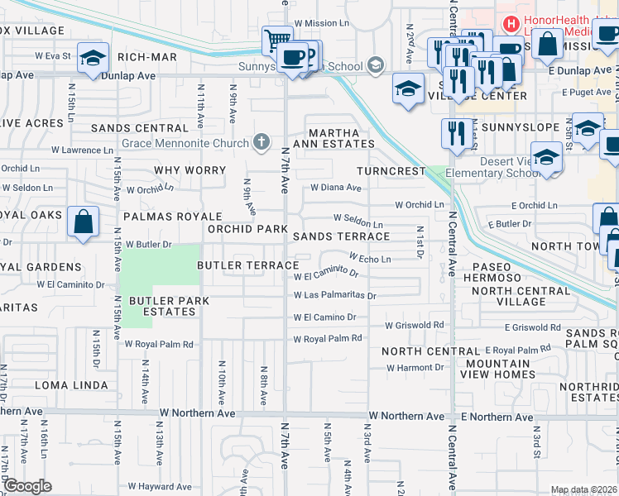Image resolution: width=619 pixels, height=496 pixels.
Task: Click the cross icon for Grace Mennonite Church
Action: pyautogui.click(x=262, y=143)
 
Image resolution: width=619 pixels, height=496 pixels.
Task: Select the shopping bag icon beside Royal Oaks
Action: pyautogui.click(x=84, y=222)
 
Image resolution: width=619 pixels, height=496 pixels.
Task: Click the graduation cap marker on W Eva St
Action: pyautogui.click(x=94, y=58)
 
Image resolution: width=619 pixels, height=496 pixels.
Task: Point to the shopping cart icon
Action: pyautogui.click(x=276, y=40)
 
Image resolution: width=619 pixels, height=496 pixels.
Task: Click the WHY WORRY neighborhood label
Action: pyautogui.click(x=190, y=170)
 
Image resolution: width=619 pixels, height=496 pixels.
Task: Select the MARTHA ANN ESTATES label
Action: pyautogui.click(x=334, y=138)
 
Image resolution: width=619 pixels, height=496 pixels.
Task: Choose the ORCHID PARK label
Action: pyautogui.click(x=247, y=229)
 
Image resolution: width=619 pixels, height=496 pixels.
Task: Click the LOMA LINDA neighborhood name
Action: pyautogui.click(x=71, y=385)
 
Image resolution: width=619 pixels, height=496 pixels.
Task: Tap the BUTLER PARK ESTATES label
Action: pyautogui.click(x=162, y=306)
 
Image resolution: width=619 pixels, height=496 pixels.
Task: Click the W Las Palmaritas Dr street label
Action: pyautogui.click(x=334, y=295)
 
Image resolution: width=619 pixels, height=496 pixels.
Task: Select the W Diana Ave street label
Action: pyautogui.click(x=336, y=188)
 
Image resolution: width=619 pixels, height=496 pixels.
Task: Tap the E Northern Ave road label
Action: pyautogui.click(x=495, y=417)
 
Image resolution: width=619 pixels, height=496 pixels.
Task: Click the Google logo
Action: pyautogui.click(x=27, y=485)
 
